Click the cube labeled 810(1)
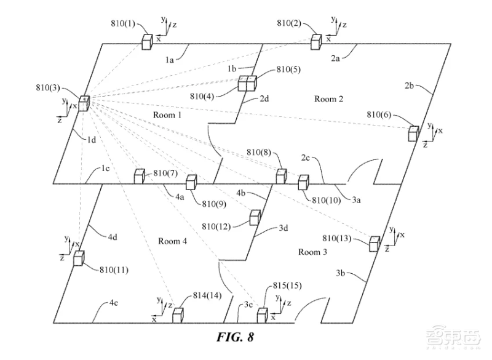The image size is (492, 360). pyautogui.click(x=147, y=42)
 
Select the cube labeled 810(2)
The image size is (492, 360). pyautogui.click(x=316, y=41)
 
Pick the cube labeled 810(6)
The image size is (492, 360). pyautogui.click(x=413, y=132)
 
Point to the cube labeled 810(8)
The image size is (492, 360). pyautogui.click(x=281, y=176)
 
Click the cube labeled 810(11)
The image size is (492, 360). pyautogui.click(x=79, y=258)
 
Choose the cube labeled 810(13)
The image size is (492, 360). pyautogui.click(x=374, y=244)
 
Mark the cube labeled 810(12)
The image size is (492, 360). pyautogui.click(x=255, y=217)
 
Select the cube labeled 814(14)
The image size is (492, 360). pyautogui.click(x=178, y=316)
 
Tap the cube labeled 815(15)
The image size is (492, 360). pyautogui.click(x=263, y=316)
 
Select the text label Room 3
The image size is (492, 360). pyautogui.click(x=314, y=252)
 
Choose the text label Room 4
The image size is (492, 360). pyautogui.click(x=172, y=241)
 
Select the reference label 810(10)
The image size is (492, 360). pyautogui.click(x=325, y=200)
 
